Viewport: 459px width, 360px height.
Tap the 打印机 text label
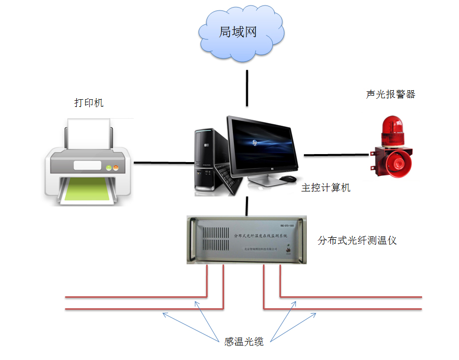coord(88,103)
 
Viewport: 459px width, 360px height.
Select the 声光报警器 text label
coord(390,94)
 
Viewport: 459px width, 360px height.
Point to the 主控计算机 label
coord(326,188)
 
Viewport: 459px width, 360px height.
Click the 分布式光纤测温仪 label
coord(357,240)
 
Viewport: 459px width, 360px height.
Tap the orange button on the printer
coord(116,166)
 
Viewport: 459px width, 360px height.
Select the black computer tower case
coord(206,160)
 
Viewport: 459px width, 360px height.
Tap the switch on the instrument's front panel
coord(288,247)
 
